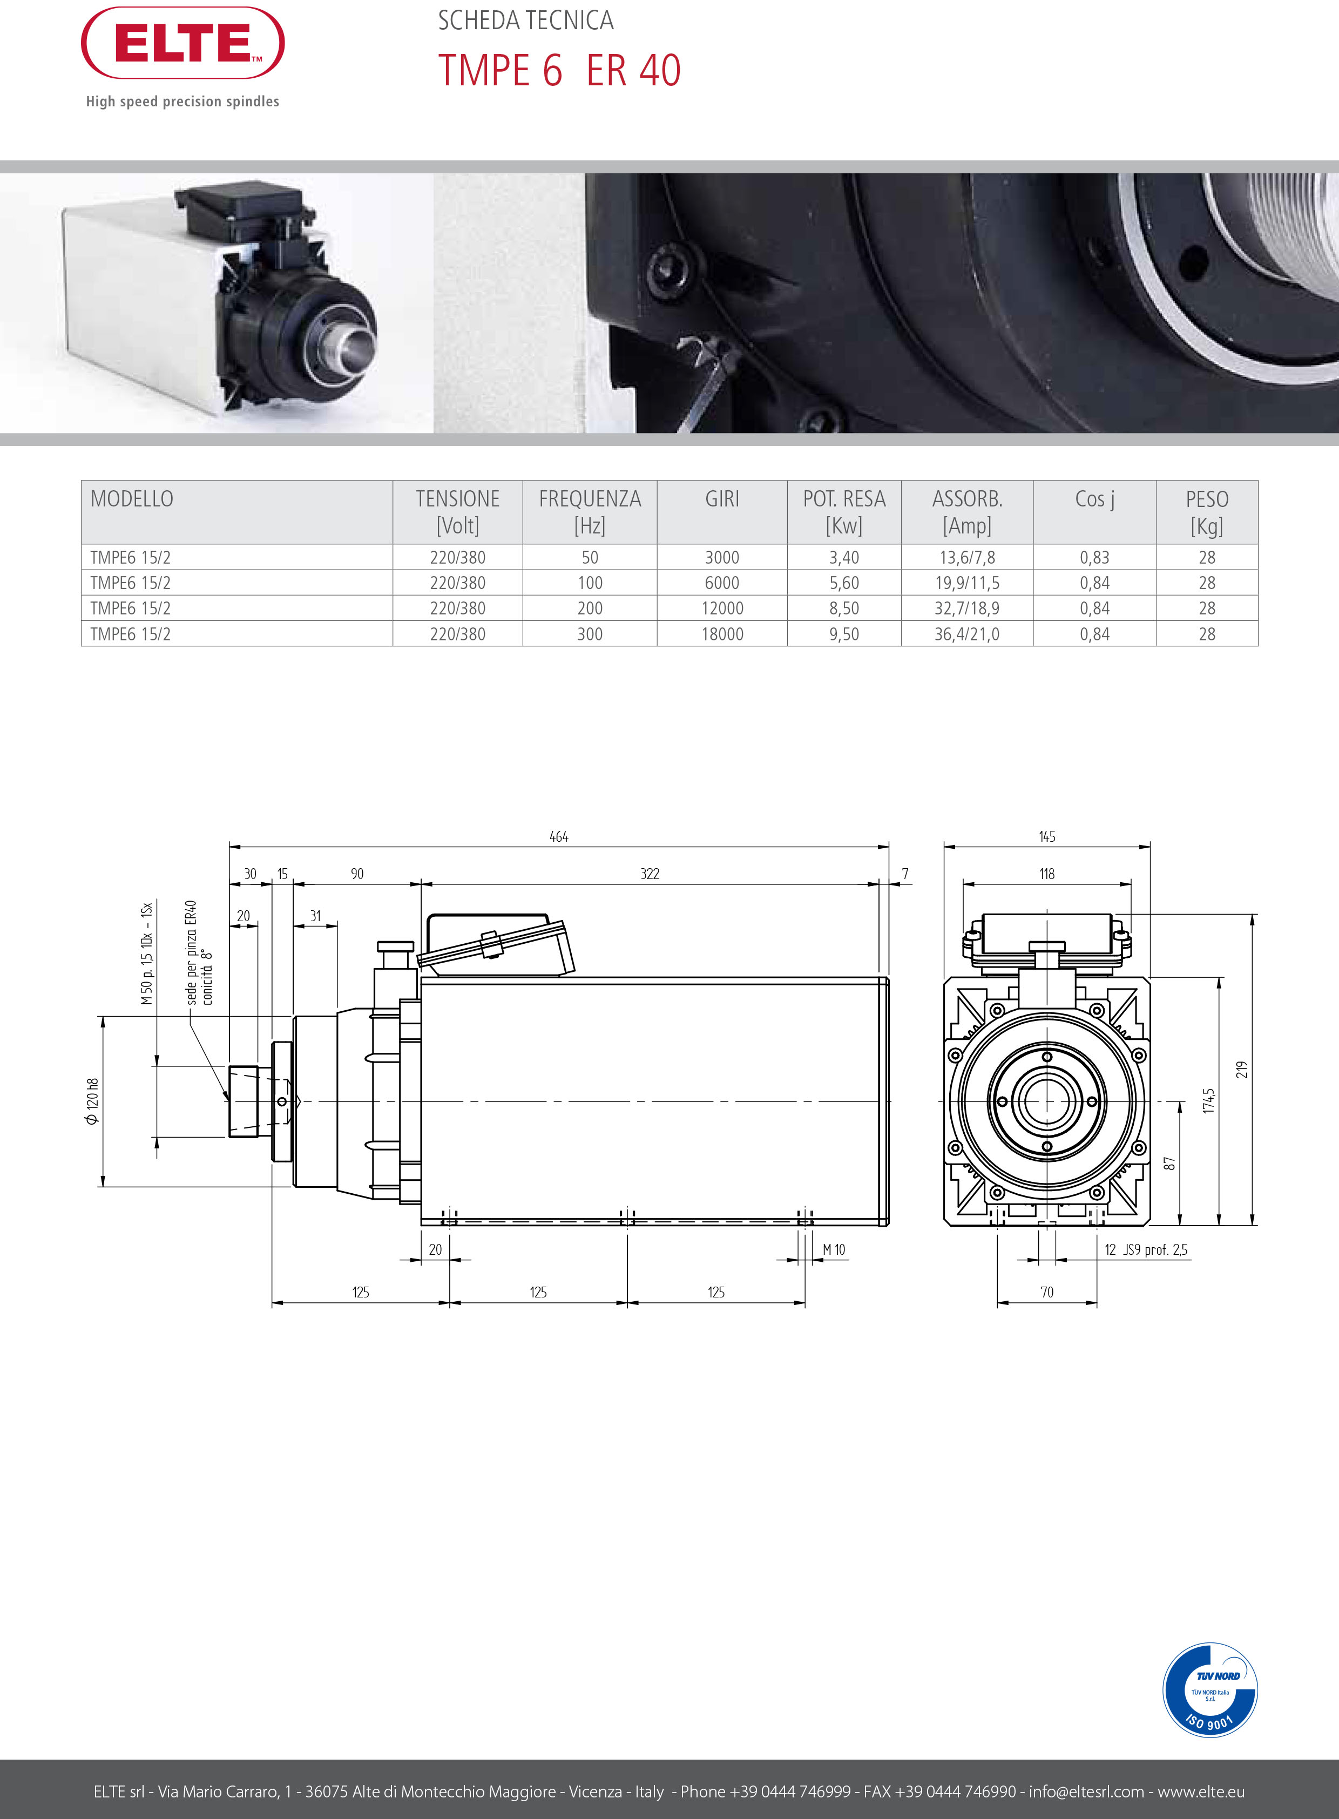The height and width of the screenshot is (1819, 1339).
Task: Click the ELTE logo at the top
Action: pyautogui.click(x=182, y=43)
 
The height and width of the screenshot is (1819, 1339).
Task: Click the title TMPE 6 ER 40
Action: pyautogui.click(x=559, y=71)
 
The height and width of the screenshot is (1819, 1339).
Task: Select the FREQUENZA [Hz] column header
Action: pyautogui.click(x=590, y=511)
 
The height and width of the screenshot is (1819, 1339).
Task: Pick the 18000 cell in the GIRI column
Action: pyautogui.click(x=722, y=634)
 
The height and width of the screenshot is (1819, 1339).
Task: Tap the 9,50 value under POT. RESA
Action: pyautogui.click(x=844, y=634)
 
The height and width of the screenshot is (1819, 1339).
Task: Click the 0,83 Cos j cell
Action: pyautogui.click(x=1094, y=558)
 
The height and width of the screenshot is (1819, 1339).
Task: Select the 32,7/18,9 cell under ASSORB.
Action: pyautogui.click(x=967, y=608)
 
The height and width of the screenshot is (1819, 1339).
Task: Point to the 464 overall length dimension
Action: pyautogui.click(x=558, y=836)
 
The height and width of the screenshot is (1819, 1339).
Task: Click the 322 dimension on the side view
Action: pyautogui.click(x=650, y=874)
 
